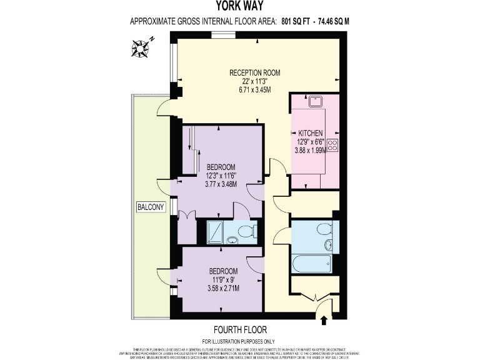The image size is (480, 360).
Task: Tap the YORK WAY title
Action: click(x=239, y=7)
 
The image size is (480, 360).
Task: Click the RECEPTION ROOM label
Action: click(x=254, y=72)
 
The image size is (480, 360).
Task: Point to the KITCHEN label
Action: click(x=311, y=133)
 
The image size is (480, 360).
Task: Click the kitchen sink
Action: click(x=314, y=100)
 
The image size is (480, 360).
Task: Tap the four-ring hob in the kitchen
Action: click(x=332, y=147)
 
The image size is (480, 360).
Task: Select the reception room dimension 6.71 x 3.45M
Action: click(x=254, y=90)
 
